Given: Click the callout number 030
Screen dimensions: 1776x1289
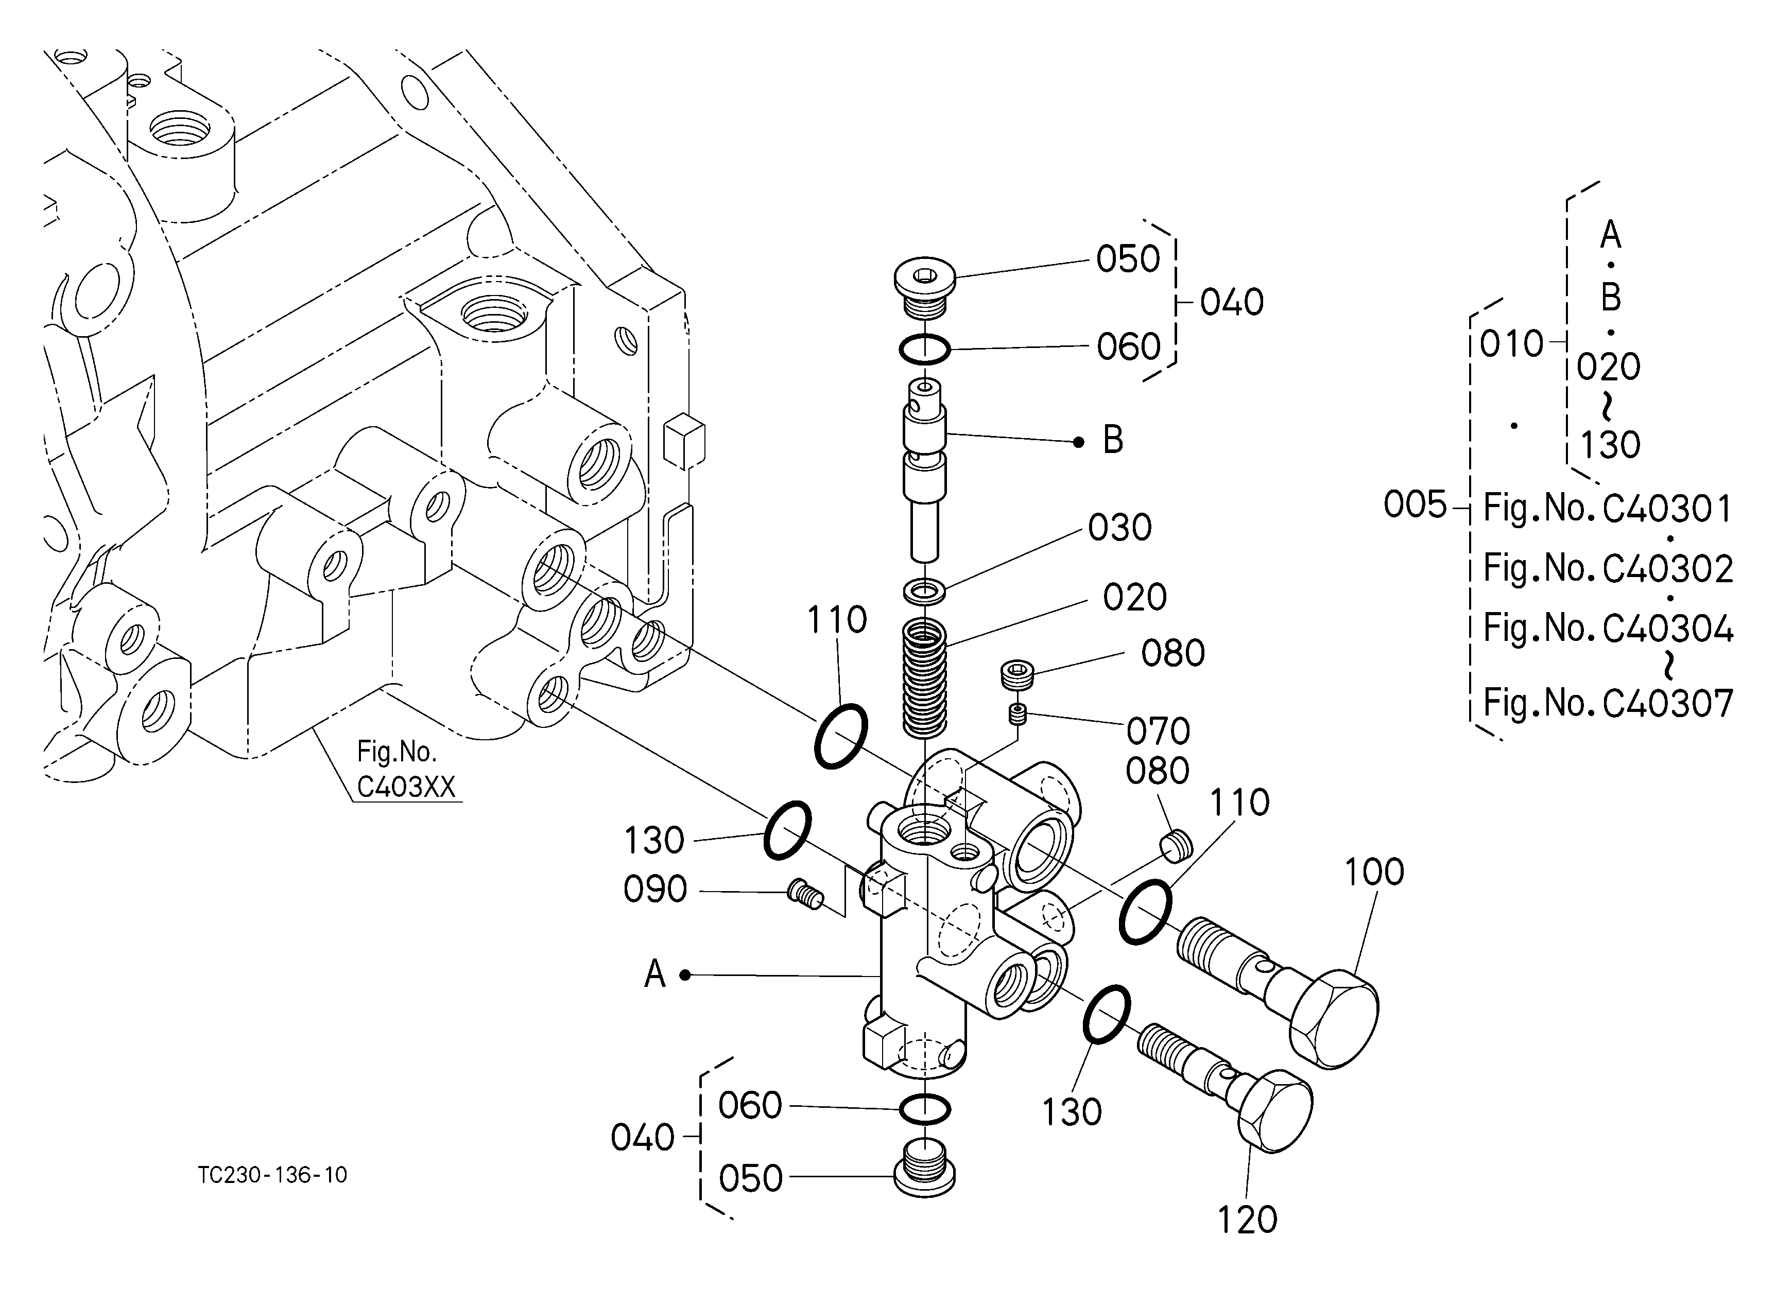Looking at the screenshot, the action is click(1120, 528).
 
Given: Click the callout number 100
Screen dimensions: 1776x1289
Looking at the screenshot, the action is click(1374, 872).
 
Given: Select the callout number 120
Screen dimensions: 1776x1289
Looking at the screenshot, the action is click(1247, 1220).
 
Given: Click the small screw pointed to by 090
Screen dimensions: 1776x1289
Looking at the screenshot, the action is click(805, 895).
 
